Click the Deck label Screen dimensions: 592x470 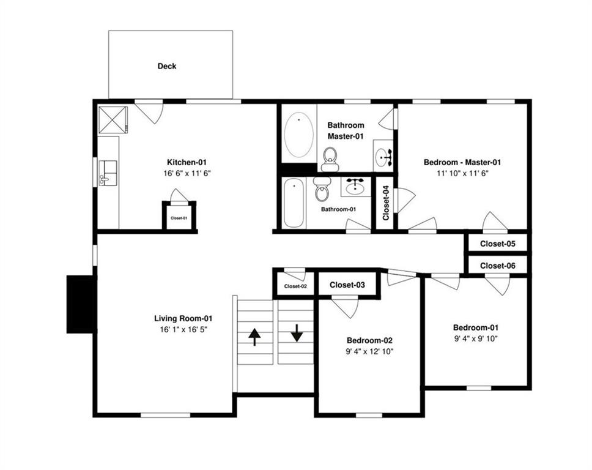pyautogui.click(x=167, y=66)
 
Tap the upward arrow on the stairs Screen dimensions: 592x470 pyautogui.click(x=254, y=337)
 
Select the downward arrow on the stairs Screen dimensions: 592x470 pyautogui.click(x=297, y=333)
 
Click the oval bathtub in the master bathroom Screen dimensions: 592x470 pyautogui.click(x=298, y=134)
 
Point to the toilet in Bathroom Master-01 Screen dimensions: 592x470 pyautogui.click(x=330, y=160)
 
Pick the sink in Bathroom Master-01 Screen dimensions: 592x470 pyautogui.click(x=383, y=155)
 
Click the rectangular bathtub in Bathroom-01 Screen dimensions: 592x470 pyautogui.click(x=294, y=203)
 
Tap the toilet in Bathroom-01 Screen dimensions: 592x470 pyautogui.click(x=322, y=189)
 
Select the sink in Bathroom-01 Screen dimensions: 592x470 pyautogui.click(x=356, y=185)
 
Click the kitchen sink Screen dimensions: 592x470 pyautogui.click(x=108, y=173)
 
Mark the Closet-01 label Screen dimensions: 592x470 pyautogui.click(x=179, y=218)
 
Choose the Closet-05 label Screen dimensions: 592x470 pyautogui.click(x=498, y=244)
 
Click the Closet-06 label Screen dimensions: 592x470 pyautogui.click(x=498, y=266)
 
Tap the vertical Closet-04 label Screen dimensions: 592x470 pyautogui.click(x=386, y=203)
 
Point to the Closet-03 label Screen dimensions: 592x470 pyautogui.click(x=347, y=285)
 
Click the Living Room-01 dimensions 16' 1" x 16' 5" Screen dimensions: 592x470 pyautogui.click(x=183, y=329)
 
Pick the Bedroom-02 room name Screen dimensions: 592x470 pyautogui.click(x=369, y=340)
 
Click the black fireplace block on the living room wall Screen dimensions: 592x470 pyautogui.click(x=80, y=304)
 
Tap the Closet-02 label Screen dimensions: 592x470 pyautogui.click(x=295, y=286)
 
